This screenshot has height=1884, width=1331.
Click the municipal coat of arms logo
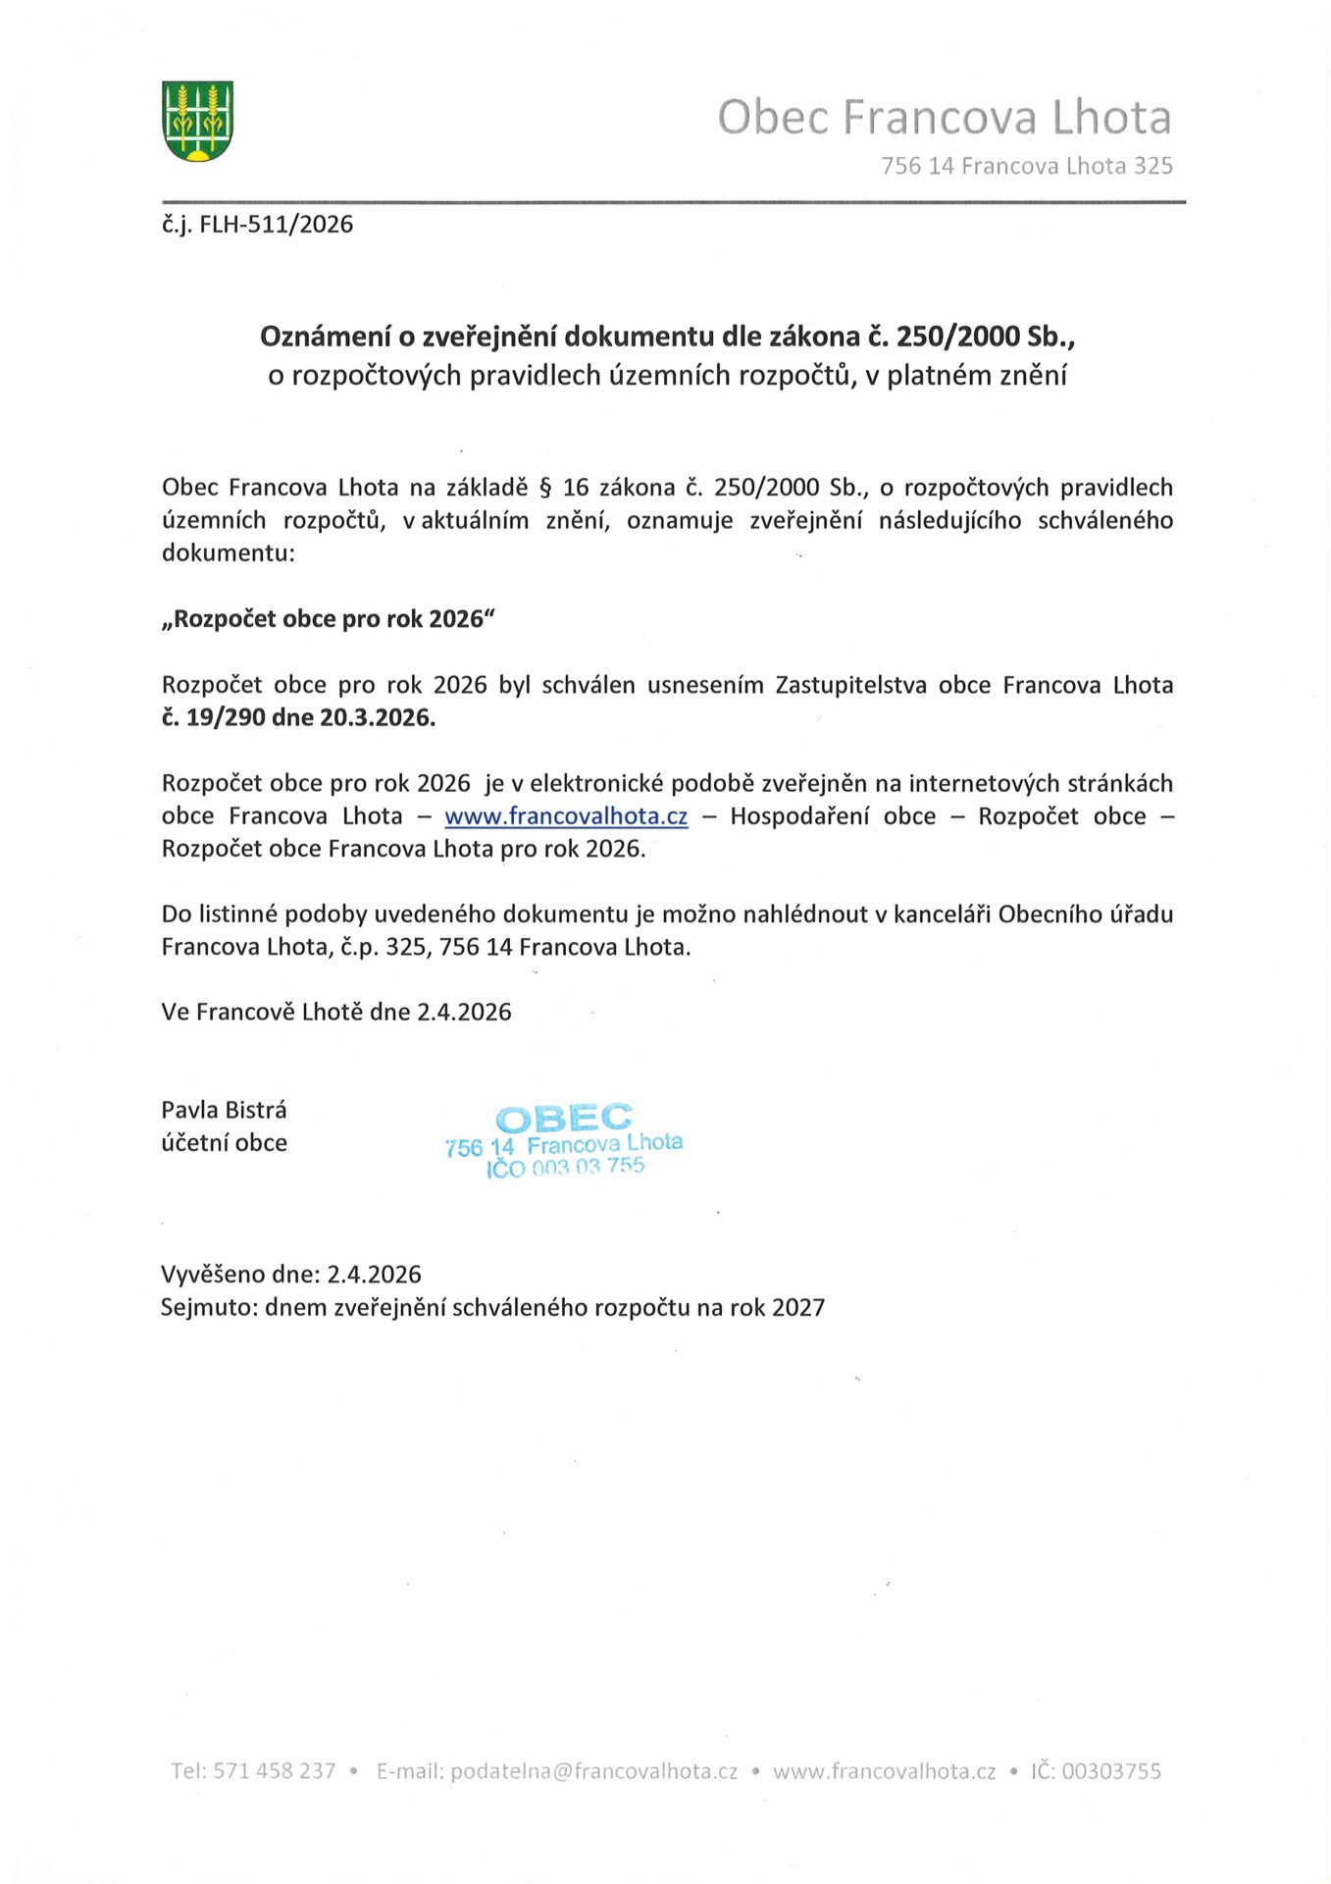click(x=197, y=121)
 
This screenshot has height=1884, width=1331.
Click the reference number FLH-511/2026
click(x=276, y=225)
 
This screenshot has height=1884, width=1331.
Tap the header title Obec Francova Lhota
click(x=944, y=117)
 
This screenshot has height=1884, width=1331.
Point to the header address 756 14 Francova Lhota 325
click(x=1026, y=166)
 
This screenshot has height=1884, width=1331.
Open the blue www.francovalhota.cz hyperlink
click(x=566, y=816)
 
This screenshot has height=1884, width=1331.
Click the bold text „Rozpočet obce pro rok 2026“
click(x=329, y=619)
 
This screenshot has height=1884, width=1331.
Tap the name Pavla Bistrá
click(x=224, y=1110)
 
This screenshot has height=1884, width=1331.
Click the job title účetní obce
click(x=224, y=1142)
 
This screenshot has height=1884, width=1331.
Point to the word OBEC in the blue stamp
click(x=564, y=1118)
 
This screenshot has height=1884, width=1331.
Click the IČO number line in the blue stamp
click(x=566, y=1167)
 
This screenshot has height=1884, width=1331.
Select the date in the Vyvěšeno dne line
click(x=374, y=1275)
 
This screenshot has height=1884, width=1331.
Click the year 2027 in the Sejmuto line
click(x=797, y=1307)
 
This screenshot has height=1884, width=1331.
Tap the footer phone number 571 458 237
click(x=274, y=1771)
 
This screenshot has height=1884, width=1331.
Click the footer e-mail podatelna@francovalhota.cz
click(x=593, y=1771)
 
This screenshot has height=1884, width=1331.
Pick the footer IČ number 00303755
click(x=1111, y=1771)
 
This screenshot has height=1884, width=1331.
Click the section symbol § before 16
click(x=545, y=488)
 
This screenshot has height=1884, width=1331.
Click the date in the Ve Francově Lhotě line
click(x=464, y=1012)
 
